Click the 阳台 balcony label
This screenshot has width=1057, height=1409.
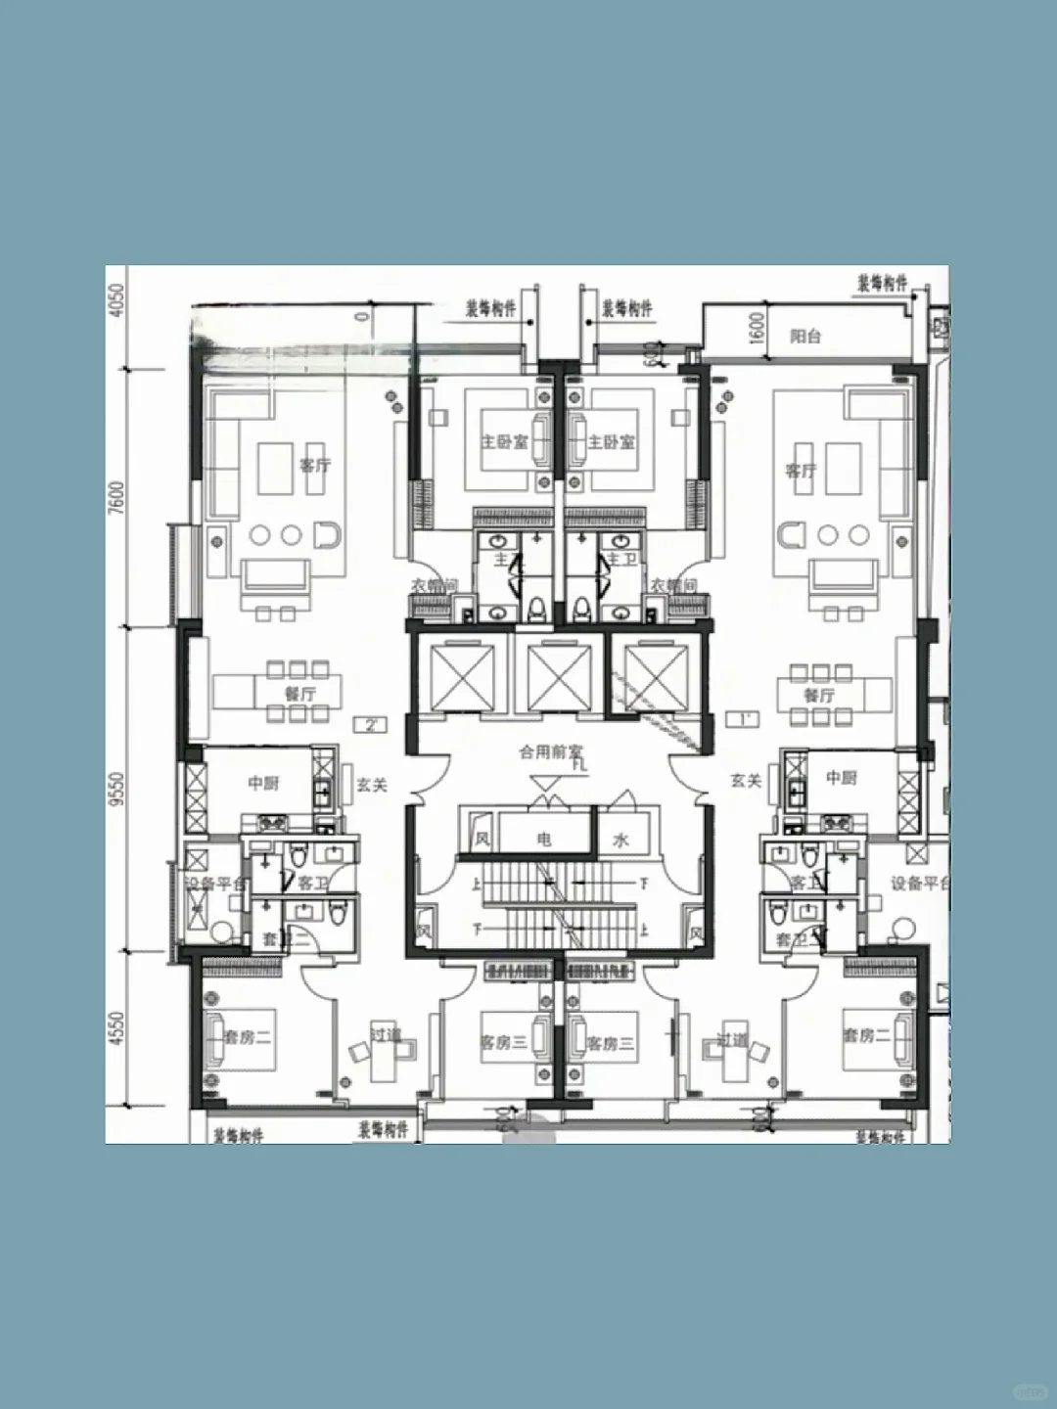(805, 337)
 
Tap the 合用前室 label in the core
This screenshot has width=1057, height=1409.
(550, 751)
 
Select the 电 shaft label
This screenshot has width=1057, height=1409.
(544, 839)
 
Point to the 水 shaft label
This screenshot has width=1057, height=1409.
(621, 840)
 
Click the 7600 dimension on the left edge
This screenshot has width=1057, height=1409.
(117, 497)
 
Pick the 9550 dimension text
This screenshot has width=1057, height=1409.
(117, 789)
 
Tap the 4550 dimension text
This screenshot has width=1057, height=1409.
(117, 1028)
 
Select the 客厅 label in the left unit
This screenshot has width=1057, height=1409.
(315, 466)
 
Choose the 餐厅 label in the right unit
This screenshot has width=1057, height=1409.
(819, 695)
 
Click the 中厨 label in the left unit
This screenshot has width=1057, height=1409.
(263, 783)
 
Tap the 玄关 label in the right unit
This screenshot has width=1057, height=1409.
(745, 781)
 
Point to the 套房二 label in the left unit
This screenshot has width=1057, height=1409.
(248, 1036)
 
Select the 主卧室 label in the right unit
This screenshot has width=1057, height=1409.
(612, 442)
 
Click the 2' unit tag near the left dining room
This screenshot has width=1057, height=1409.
(371, 725)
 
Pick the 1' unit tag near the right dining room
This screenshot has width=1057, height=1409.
(742, 720)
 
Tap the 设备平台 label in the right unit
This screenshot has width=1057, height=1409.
(918, 884)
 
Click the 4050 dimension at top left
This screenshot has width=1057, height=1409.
(117, 299)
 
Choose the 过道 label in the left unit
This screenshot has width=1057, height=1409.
(386, 1034)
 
